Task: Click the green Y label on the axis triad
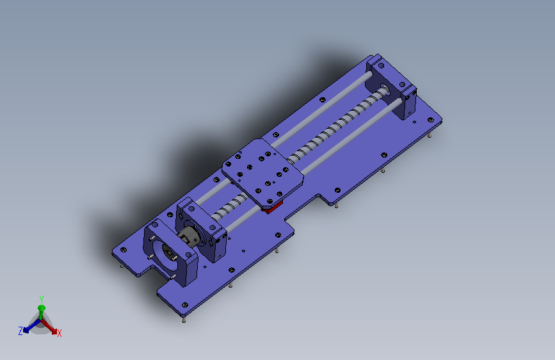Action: tap(42, 299)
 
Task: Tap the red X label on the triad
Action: tap(59, 333)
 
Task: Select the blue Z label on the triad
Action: tap(20, 331)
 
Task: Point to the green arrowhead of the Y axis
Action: tap(42, 308)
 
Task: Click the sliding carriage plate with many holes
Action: tap(262, 173)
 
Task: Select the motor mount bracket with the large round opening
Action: tap(170, 252)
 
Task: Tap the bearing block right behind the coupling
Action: tap(202, 229)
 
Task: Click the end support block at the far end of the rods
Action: tap(391, 87)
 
